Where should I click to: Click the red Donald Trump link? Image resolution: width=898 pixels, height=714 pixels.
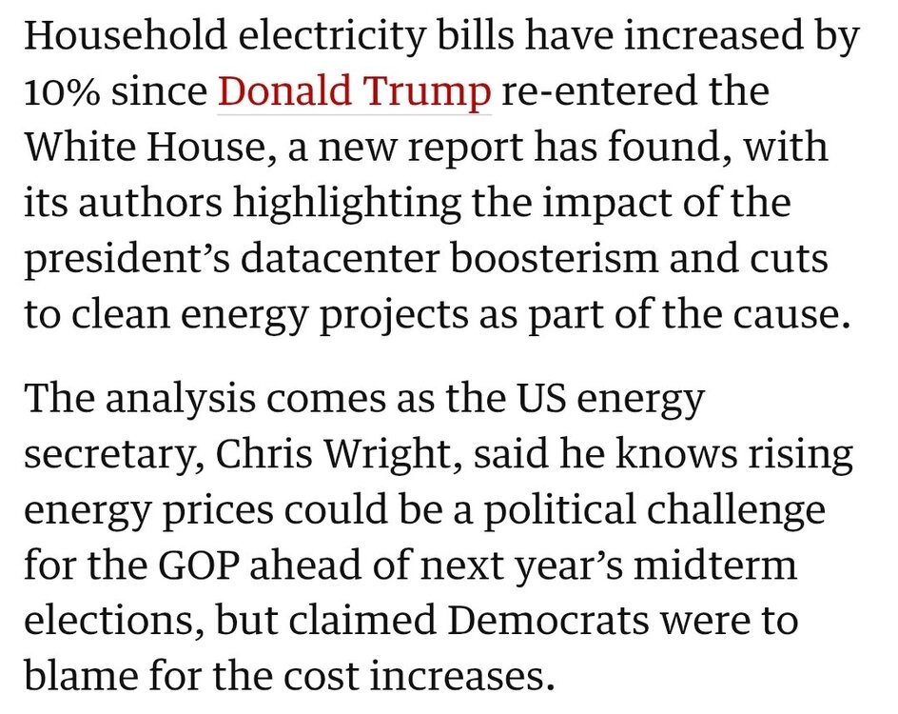tap(355, 92)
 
